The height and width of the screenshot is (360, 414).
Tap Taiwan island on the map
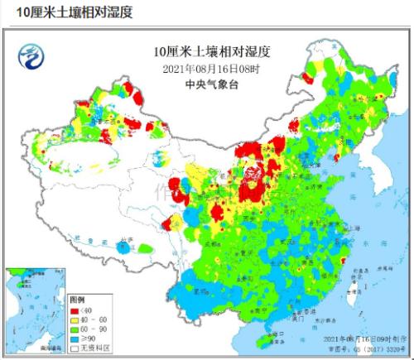coord(354,294)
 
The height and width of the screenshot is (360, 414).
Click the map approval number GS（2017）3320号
coord(365,349)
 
